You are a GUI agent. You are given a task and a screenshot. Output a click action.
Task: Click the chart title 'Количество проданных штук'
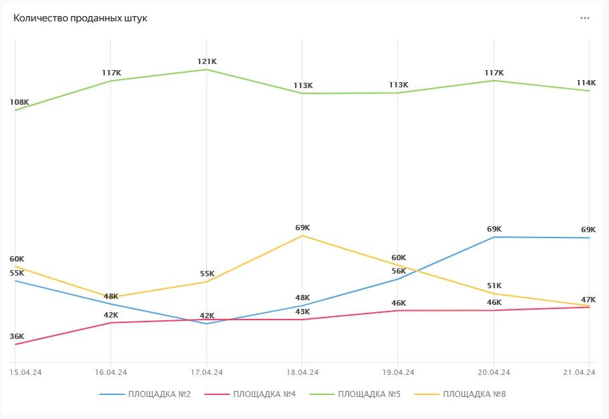pos(80,18)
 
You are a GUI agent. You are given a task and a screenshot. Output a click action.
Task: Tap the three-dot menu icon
pos(585,18)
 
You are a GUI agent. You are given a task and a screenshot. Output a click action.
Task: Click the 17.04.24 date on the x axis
pos(206,372)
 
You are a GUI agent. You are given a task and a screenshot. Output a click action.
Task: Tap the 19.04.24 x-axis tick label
pos(398,372)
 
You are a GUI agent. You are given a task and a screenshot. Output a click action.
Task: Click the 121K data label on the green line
pos(207,61)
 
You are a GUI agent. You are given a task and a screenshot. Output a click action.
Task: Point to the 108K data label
pos(19,102)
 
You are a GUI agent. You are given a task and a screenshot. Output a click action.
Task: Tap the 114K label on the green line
pos(586,83)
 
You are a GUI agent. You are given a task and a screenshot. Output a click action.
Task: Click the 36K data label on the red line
pos(17,336)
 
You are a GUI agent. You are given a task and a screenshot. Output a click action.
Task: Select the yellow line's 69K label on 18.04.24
pos(302,228)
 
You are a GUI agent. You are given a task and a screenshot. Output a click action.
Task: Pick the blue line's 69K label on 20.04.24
pos(494,229)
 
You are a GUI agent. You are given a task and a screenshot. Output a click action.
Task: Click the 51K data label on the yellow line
pos(494,286)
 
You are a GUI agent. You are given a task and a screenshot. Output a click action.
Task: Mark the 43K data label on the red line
pos(302,312)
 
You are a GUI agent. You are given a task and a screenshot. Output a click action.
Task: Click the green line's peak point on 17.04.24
pos(207,69)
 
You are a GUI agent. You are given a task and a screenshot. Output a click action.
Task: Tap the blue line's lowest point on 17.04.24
pos(207,324)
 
